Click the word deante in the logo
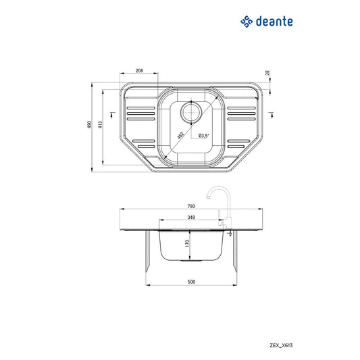point(274,22)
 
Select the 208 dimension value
point(139,70)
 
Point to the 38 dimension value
point(268,72)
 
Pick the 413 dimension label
point(101,126)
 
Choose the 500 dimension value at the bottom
point(191,282)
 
